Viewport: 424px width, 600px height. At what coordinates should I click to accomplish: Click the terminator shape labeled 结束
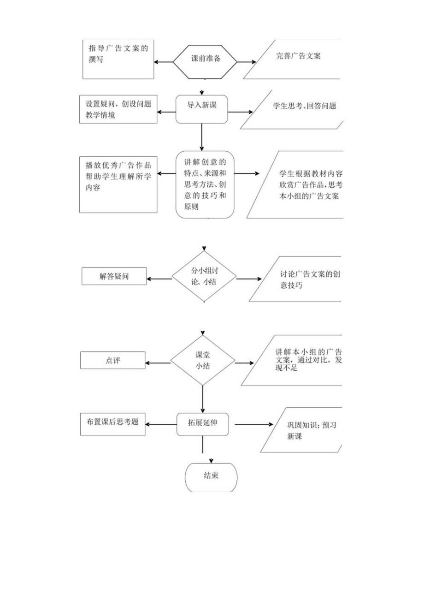tap(211, 476)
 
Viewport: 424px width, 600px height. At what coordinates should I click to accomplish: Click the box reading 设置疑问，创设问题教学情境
tap(118, 109)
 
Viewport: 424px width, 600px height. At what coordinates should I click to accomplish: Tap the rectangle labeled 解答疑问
tap(114, 277)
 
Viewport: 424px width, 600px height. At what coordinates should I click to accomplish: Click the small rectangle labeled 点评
tap(112, 360)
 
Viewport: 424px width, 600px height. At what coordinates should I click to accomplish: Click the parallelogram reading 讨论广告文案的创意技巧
tap(300, 280)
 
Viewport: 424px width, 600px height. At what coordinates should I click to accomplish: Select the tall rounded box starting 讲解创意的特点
tap(205, 184)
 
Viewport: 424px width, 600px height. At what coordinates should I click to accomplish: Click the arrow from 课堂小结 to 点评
tap(158, 363)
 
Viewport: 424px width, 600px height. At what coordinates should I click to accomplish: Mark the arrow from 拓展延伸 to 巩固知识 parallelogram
tap(251, 424)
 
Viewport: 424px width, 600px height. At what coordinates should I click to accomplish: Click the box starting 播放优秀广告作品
tap(118, 184)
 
